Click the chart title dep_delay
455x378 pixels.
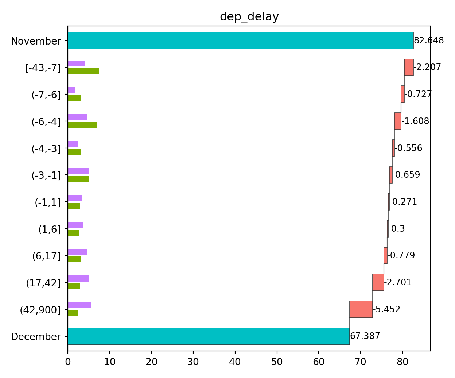(x=249, y=17)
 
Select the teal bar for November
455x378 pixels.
(x=241, y=40)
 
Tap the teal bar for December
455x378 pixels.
(x=209, y=336)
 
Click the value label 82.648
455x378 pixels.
(x=429, y=40)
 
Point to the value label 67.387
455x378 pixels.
(x=365, y=336)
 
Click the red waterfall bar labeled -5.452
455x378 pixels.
(x=361, y=309)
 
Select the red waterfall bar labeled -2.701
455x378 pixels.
(x=378, y=282)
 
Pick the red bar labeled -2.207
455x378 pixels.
(x=409, y=67)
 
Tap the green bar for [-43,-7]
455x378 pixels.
(x=83, y=71)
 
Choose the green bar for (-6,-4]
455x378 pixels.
(x=82, y=125)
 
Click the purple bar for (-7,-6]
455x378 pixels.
(x=72, y=90)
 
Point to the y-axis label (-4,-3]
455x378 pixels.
(x=46, y=149)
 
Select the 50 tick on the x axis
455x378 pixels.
(x=277, y=362)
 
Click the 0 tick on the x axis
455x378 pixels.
(x=68, y=362)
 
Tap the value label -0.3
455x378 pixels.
(x=397, y=229)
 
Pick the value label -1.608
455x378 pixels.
(x=415, y=121)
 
